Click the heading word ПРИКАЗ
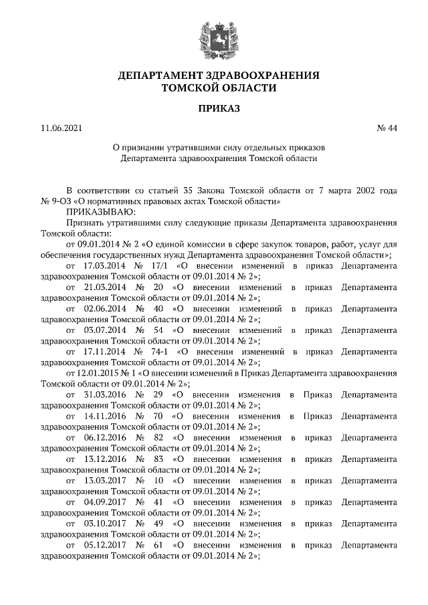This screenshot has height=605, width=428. [x=213, y=108]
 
